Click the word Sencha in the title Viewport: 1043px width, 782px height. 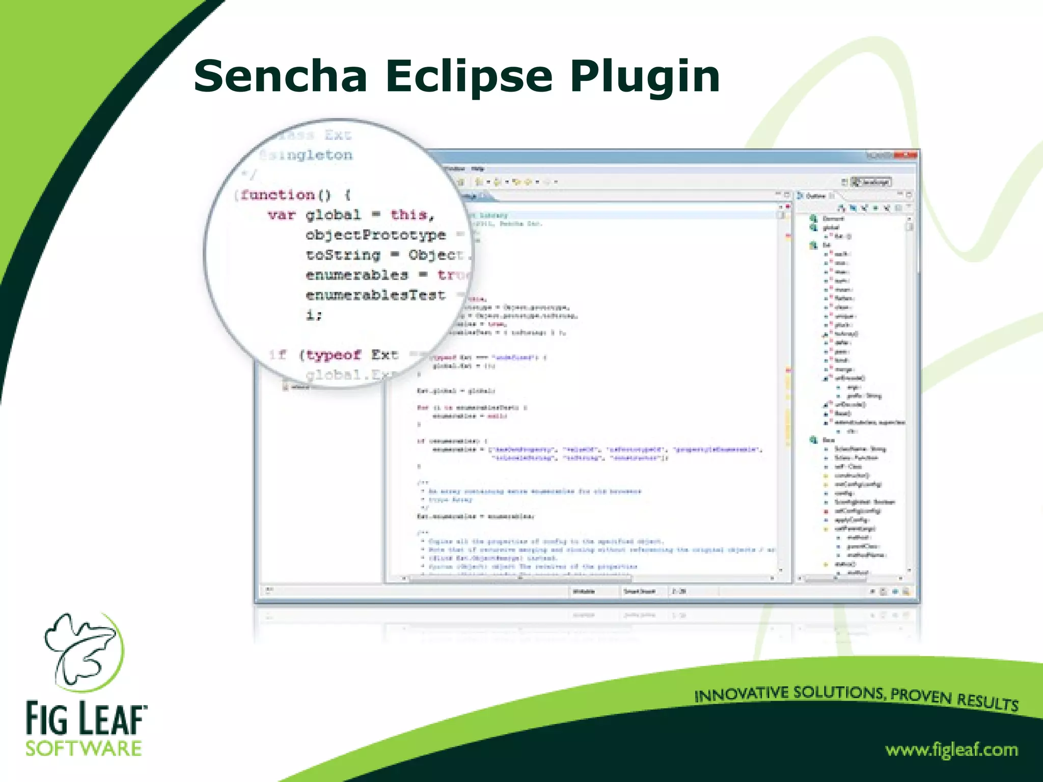[x=280, y=76]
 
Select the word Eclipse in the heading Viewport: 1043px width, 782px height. [x=469, y=76]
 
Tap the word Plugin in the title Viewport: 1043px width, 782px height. [x=645, y=76]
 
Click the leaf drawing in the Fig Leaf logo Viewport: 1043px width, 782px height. [x=84, y=652]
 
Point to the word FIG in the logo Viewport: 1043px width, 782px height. [x=46, y=719]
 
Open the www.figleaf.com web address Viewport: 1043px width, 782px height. [x=951, y=750]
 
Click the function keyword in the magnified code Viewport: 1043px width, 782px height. [x=278, y=195]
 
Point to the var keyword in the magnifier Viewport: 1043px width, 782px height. [x=281, y=215]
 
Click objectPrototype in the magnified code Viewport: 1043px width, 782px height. [x=375, y=235]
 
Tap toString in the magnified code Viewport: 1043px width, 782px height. [x=343, y=255]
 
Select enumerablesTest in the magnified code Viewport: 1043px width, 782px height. [x=375, y=295]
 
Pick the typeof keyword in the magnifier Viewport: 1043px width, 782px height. [x=333, y=355]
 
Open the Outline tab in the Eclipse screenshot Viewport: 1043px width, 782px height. [x=815, y=196]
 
